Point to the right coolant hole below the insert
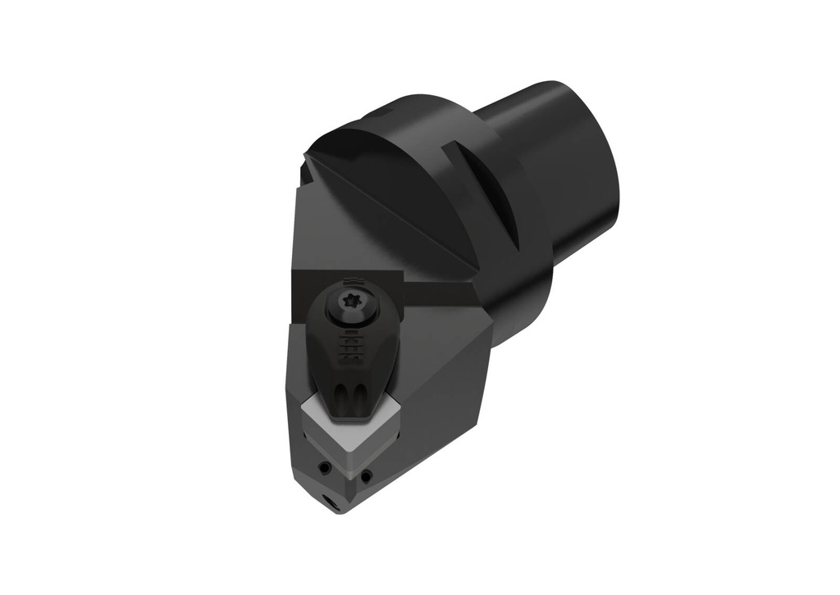[366, 475]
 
